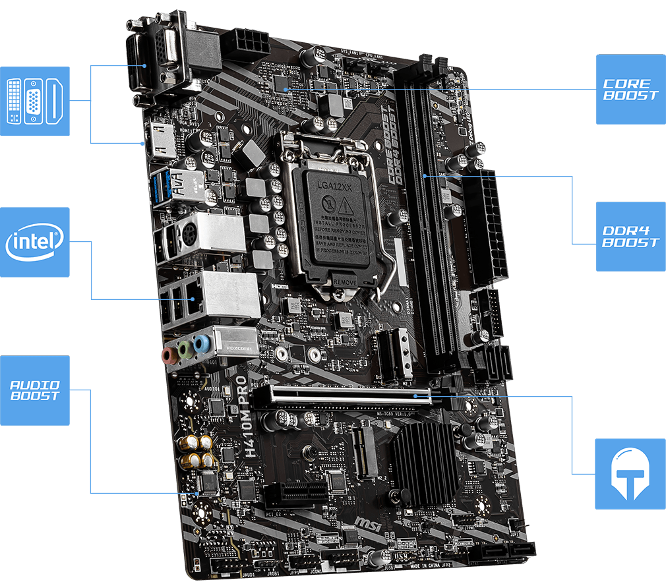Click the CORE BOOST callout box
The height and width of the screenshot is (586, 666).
point(630,89)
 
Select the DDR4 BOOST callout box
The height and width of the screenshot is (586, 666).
point(630,237)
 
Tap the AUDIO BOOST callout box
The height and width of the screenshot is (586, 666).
point(34,390)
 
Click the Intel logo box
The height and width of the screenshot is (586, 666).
point(34,242)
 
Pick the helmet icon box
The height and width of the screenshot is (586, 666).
point(630,474)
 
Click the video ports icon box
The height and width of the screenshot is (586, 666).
point(34,101)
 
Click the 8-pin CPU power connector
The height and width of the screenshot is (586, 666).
point(243,45)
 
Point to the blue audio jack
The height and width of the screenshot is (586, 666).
point(204,343)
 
